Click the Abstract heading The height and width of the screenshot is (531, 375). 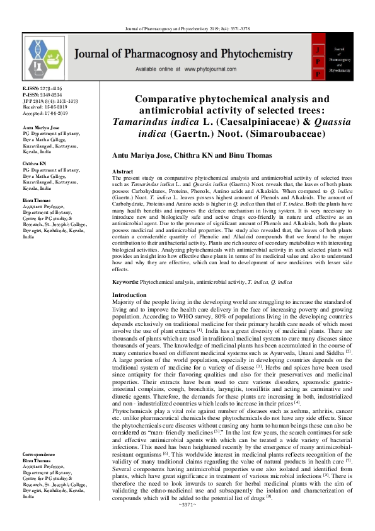tap(122, 172)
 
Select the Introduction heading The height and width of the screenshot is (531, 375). tap(129, 295)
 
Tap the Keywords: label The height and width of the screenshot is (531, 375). tap(125, 282)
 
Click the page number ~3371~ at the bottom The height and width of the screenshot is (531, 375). tap(188, 522)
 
